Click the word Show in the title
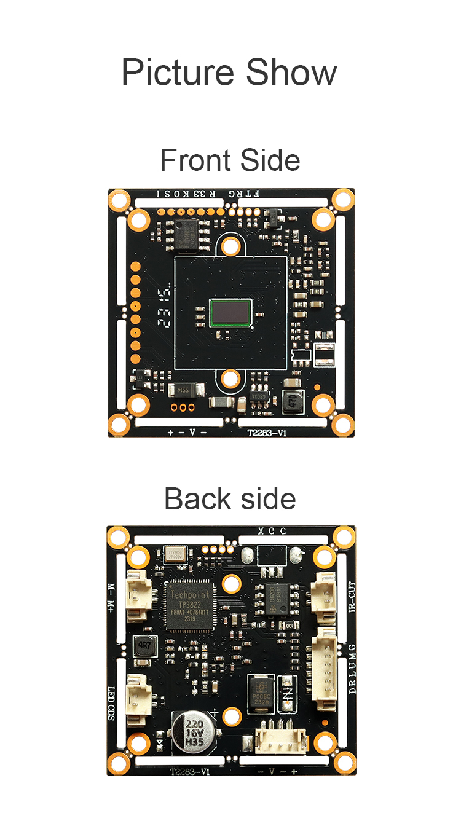tap(291, 73)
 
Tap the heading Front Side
tap(230, 160)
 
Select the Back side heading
tap(230, 498)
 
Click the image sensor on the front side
tap(230, 312)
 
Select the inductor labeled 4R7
tap(144, 646)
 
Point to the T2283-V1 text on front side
tap(267, 432)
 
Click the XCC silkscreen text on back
tap(272, 532)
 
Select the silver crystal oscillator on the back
tap(175, 554)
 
